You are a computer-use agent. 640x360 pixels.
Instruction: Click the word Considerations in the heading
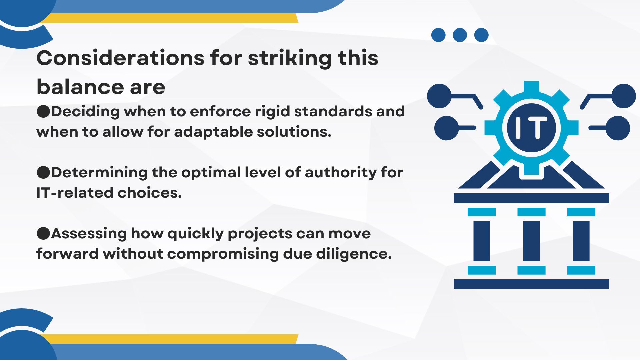(120, 58)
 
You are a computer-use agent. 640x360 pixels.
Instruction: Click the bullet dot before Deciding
(43, 112)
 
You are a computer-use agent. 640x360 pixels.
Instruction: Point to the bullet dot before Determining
(43, 173)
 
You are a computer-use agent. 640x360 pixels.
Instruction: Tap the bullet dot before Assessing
(43, 234)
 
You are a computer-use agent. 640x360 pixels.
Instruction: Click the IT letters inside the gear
(531, 128)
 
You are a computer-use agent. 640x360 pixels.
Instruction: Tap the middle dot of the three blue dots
(460, 35)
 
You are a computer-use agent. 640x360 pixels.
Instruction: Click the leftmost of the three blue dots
(438, 35)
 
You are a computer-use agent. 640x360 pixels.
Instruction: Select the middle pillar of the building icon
(531, 241)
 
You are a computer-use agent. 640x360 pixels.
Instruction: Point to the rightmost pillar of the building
(581, 241)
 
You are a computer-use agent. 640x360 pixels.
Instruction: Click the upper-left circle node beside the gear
(439, 96)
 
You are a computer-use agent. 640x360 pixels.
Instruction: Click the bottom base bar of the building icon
(531, 284)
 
